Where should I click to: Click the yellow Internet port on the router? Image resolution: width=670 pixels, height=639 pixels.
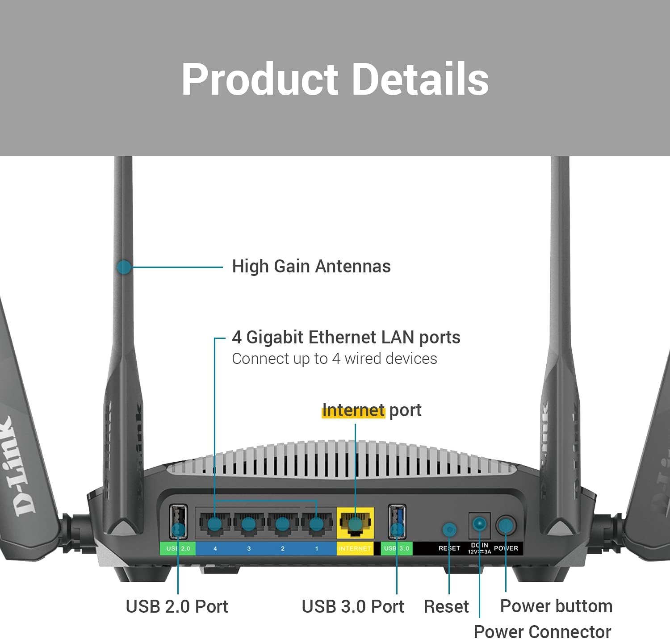pos(355,522)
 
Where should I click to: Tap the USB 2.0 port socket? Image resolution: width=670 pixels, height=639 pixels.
pos(178,521)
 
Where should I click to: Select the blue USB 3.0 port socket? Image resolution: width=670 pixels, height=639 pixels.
pos(397,521)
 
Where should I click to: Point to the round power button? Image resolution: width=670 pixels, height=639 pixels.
pos(506,526)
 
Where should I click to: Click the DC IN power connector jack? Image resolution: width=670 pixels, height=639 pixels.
pos(479,524)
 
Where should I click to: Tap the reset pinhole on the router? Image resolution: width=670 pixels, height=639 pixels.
pos(449,530)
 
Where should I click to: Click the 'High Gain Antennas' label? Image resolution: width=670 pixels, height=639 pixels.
pos(311,267)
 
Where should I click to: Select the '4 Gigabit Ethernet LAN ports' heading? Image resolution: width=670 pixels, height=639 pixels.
pos(346,338)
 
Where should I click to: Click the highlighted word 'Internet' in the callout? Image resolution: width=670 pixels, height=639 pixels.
pos(353,410)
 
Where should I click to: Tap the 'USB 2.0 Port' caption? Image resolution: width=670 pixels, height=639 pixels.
pos(177,606)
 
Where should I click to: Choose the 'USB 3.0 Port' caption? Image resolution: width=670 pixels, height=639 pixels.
pos(353,606)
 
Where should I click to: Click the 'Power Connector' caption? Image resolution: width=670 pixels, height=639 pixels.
pos(542,631)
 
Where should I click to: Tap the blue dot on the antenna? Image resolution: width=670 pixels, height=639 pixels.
pos(124,267)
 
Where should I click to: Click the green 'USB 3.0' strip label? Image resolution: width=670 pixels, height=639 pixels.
pos(397,548)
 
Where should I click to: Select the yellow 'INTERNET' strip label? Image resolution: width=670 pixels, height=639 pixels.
pos(355,548)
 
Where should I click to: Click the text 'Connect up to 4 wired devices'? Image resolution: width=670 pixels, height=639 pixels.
pos(335,359)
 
